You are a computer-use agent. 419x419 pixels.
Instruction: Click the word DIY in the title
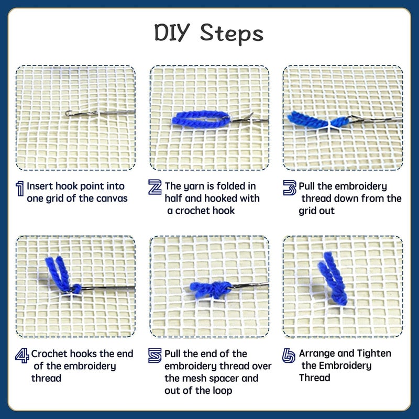[x=174, y=32]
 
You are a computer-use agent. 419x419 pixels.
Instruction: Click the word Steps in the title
[x=232, y=34]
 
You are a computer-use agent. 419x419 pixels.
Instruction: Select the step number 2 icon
[x=155, y=187]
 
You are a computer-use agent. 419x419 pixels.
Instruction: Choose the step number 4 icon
[x=21, y=356]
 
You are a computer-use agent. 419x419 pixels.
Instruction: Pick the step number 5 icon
[x=155, y=356]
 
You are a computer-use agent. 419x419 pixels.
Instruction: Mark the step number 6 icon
[x=289, y=356]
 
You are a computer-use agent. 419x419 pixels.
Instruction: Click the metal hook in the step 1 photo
[x=94, y=112]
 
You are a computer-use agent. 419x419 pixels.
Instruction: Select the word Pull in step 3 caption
[x=309, y=186]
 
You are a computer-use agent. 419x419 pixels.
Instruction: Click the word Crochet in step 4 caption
[x=49, y=354]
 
